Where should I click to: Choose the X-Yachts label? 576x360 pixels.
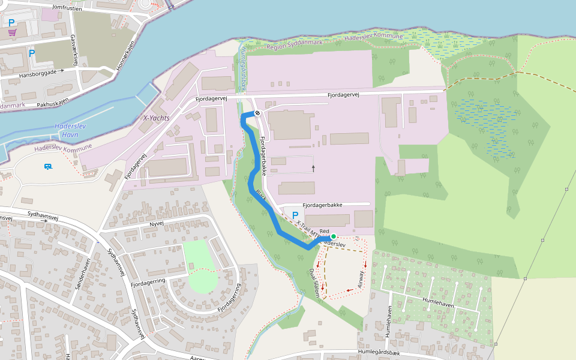click(157, 118)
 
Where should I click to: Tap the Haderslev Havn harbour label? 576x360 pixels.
click(71, 131)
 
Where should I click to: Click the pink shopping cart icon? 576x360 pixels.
click(12, 32)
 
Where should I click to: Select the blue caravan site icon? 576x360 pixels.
click(47, 166)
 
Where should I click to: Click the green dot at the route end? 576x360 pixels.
click(333, 236)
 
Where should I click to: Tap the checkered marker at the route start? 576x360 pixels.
click(257, 113)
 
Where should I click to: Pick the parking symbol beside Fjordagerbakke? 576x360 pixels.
click(295, 215)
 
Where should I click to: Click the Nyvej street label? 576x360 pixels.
click(157, 223)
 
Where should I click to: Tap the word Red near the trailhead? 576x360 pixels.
click(325, 231)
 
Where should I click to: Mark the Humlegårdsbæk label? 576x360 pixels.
click(382, 352)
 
